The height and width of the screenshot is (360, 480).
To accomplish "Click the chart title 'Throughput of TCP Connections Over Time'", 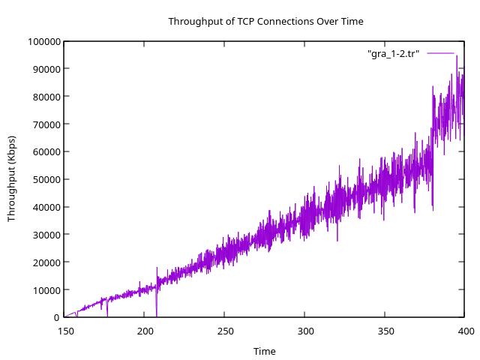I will click(265, 21).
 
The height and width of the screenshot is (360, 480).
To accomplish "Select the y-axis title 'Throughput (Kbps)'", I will click(11, 178).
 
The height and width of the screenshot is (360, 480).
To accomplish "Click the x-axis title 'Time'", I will click(264, 351).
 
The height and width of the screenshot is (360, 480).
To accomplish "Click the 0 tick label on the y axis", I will click(56, 318).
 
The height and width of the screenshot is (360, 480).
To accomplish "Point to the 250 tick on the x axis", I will click(225, 331).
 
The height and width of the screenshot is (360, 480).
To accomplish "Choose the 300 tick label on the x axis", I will click(305, 331).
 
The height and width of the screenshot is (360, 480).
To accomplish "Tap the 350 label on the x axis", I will click(385, 331).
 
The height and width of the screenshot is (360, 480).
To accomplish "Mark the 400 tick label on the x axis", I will click(465, 331).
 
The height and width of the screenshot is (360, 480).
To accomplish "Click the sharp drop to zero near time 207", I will click(156, 313).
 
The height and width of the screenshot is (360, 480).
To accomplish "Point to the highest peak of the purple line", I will click(456, 56).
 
